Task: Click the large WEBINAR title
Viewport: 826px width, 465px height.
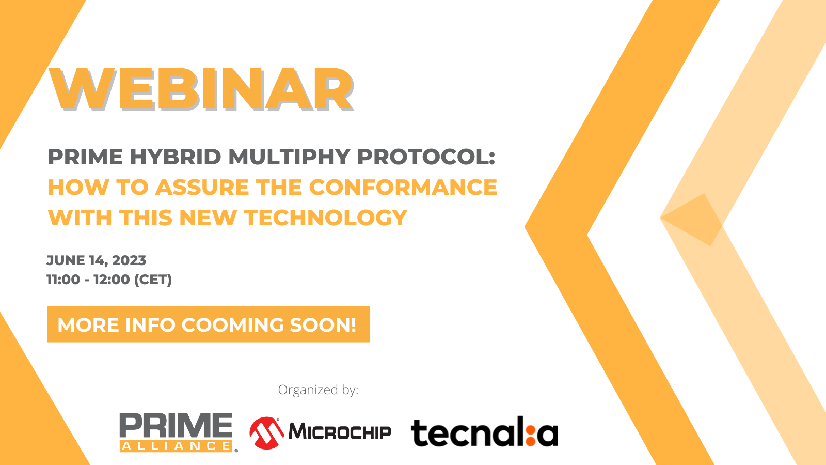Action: coord(201,89)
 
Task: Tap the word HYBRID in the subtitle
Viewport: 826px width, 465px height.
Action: coord(176,157)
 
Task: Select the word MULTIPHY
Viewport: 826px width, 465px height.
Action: coord(289,157)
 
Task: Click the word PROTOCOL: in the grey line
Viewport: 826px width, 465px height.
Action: coord(426,157)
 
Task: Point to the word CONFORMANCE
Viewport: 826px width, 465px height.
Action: coord(403,187)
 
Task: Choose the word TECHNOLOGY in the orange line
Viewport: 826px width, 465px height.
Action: coord(326,218)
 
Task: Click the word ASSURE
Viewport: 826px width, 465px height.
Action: coord(202,187)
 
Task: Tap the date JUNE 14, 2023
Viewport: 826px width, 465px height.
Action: coord(96,260)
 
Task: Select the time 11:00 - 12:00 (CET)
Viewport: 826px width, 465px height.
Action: coord(109,280)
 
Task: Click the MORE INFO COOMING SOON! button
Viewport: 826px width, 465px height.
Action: coord(209,324)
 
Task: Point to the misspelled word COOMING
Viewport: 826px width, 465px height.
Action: coord(233,325)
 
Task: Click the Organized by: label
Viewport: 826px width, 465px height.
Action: coord(318,390)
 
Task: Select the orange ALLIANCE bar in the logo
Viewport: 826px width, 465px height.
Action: coord(176,446)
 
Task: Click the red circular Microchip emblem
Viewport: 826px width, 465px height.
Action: coord(266,433)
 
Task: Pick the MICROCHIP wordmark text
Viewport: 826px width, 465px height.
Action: coord(340,432)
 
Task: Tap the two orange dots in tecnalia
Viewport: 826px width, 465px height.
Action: coord(531,435)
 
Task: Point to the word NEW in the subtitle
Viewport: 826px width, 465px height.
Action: coord(208,218)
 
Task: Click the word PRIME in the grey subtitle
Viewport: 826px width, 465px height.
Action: coord(85,157)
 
